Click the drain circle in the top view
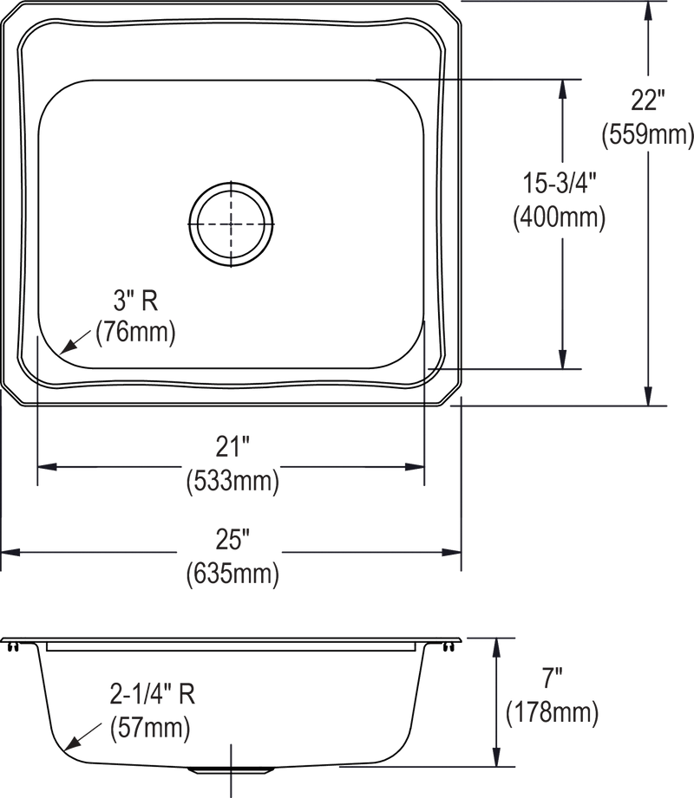coord(231,182)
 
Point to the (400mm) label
coord(559,217)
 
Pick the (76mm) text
coord(135,333)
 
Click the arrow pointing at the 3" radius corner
coord(76,341)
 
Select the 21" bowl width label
coord(232,447)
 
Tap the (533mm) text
coord(232,480)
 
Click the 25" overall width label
coord(232,540)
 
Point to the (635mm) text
coord(232,574)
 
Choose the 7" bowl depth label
coord(552,678)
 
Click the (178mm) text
coord(552,712)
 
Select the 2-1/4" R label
coord(153,694)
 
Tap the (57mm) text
coord(150,728)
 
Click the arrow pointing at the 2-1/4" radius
coord(82,736)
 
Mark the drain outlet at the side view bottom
coord(231,769)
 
